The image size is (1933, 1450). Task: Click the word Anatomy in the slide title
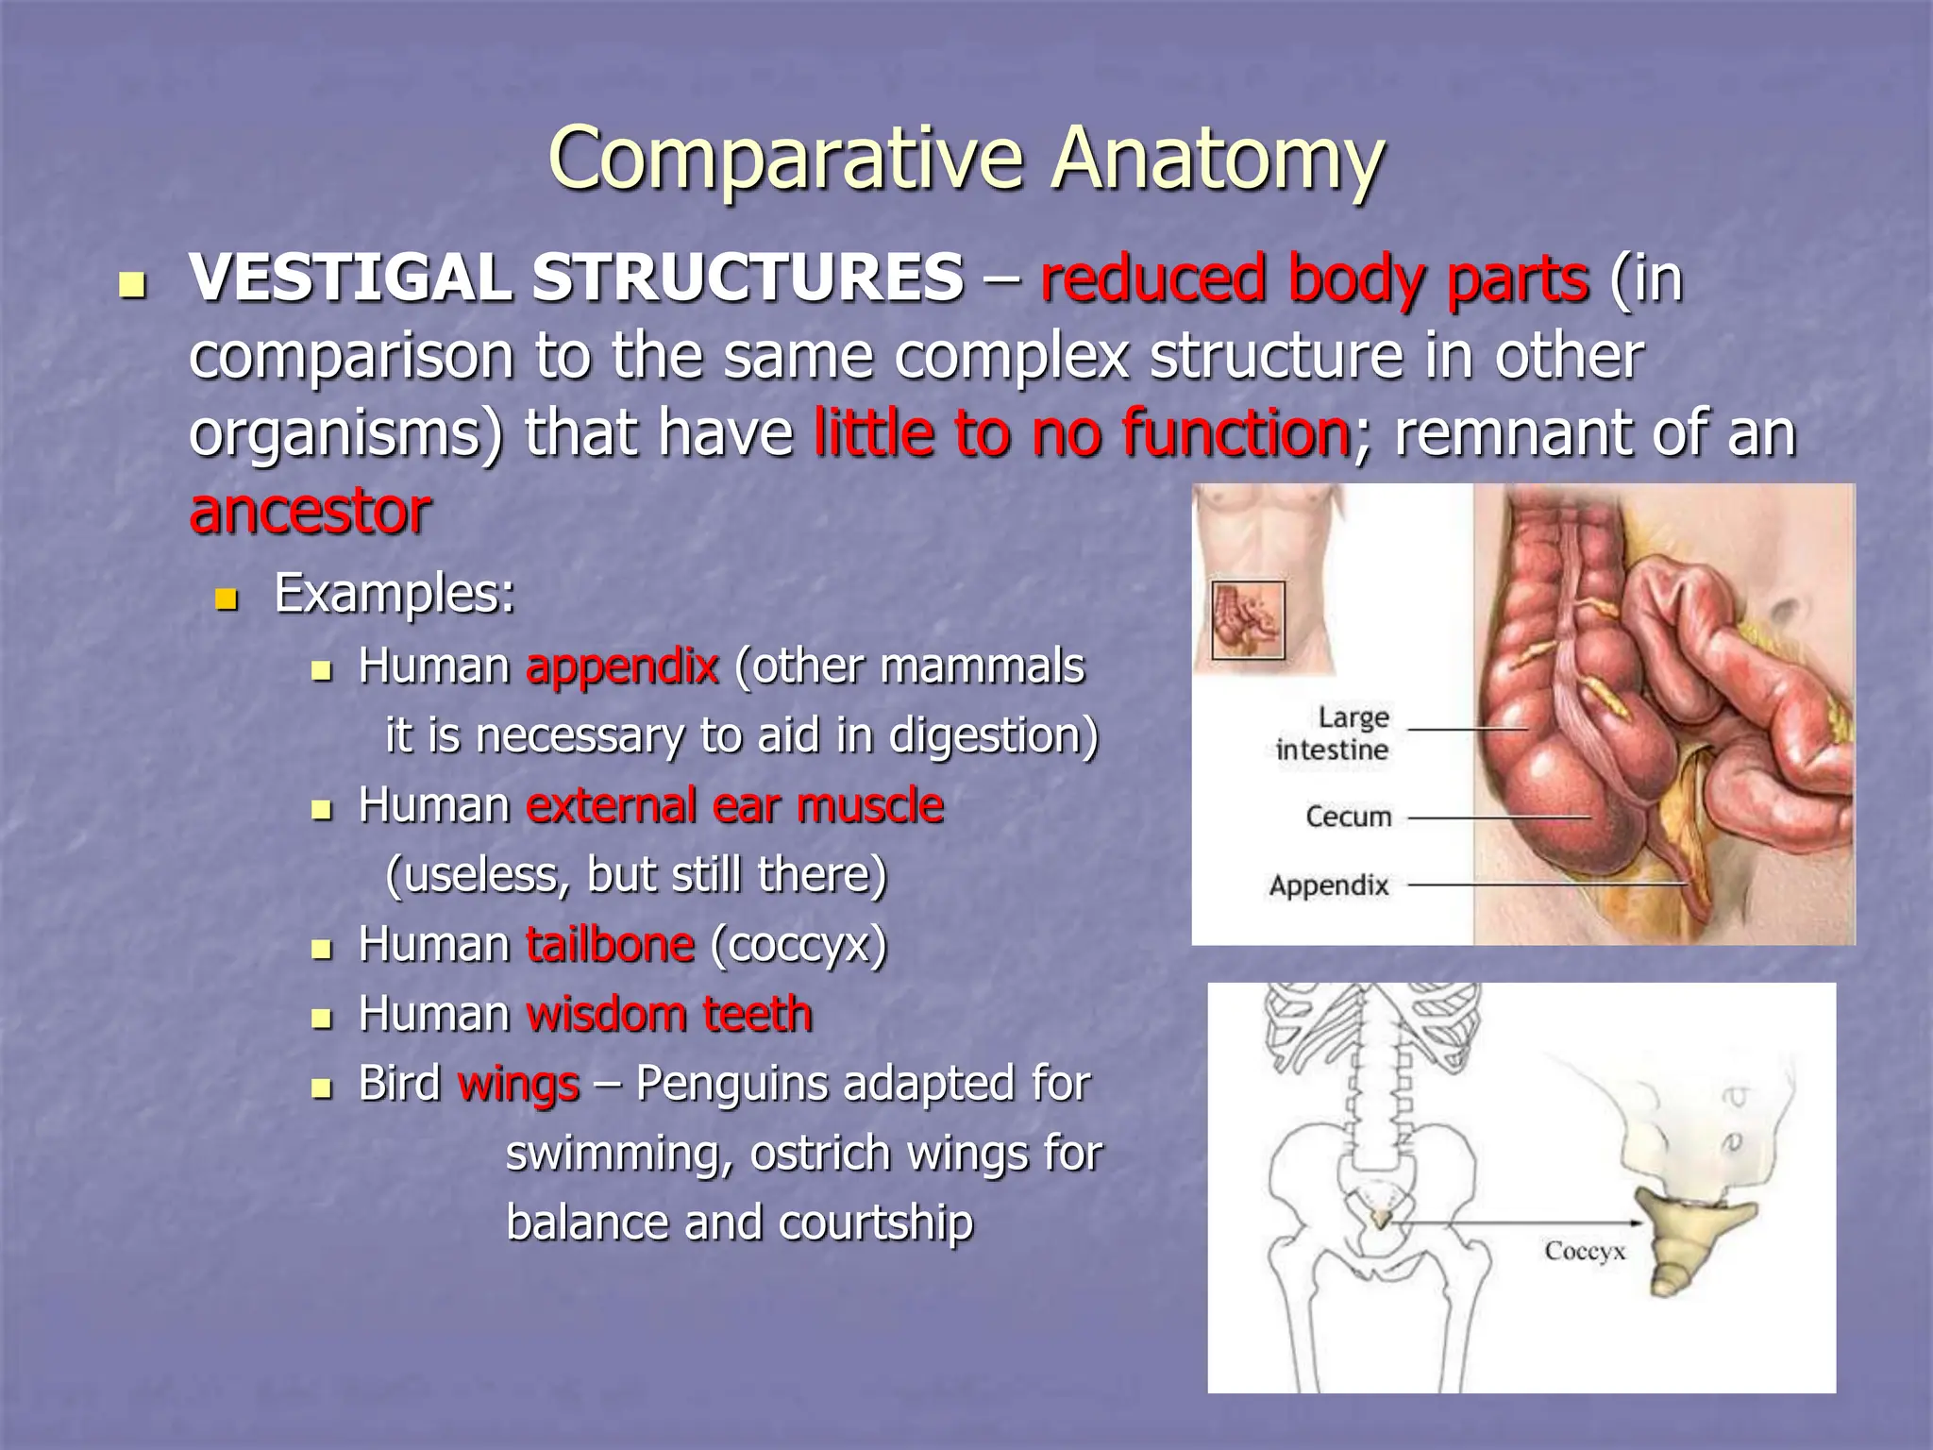pyautogui.click(x=1218, y=159)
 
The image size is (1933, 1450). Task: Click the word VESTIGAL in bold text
pyautogui.click(x=351, y=278)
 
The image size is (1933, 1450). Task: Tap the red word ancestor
pyautogui.click(x=310, y=512)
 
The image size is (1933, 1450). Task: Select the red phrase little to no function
pyautogui.click(x=1082, y=433)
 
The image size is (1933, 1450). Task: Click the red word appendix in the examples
pyautogui.click(x=623, y=666)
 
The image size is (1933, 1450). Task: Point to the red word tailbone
pyautogui.click(x=611, y=945)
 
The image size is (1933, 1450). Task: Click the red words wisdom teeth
pyautogui.click(x=669, y=1015)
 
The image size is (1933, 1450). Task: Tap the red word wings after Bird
pyautogui.click(x=518, y=1084)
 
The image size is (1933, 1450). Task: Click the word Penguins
pyautogui.click(x=732, y=1084)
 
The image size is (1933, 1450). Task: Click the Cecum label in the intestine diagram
pyautogui.click(x=1348, y=817)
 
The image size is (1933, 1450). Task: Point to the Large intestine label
pyautogui.click(x=1334, y=733)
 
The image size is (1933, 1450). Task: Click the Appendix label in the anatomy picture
pyautogui.click(x=1329, y=885)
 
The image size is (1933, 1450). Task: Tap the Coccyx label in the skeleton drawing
pyautogui.click(x=1585, y=1251)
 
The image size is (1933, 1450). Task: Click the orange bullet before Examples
pyautogui.click(x=227, y=599)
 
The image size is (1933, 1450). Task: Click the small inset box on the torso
pyautogui.click(x=1248, y=620)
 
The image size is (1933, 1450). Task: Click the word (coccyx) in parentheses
pyautogui.click(x=798, y=945)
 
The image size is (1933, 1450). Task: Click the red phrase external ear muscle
pyautogui.click(x=734, y=806)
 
